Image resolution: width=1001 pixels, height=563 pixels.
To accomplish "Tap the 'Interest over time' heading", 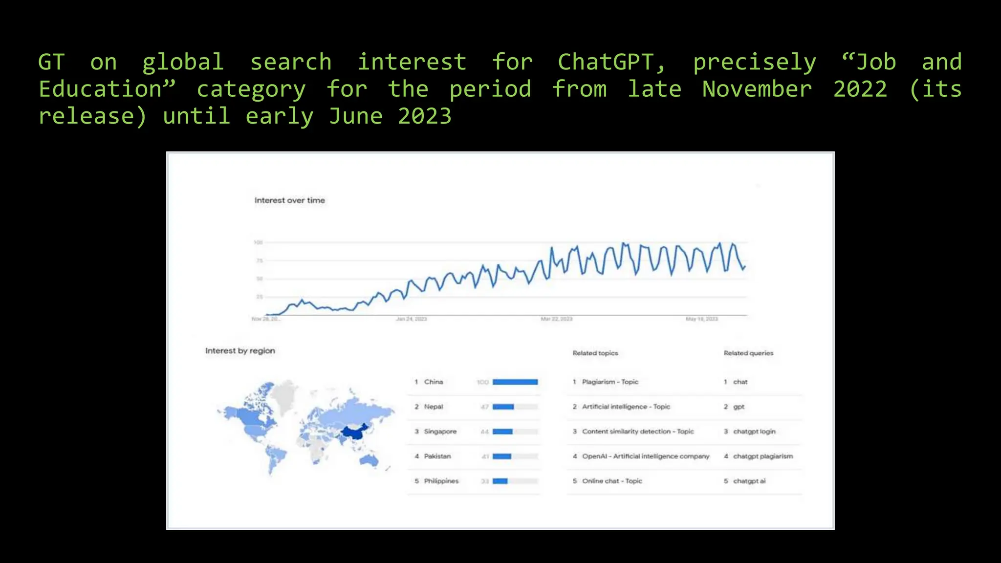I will (289, 200).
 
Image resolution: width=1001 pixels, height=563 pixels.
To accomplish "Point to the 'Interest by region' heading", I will (240, 351).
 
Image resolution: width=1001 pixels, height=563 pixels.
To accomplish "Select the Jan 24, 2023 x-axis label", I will (411, 319).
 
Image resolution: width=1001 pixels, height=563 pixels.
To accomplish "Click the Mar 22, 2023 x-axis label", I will (556, 319).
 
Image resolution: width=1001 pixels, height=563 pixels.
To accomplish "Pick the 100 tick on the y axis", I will (259, 242).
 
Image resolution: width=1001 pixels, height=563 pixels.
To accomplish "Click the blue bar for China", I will (515, 382).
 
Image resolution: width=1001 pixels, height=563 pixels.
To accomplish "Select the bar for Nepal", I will (503, 407).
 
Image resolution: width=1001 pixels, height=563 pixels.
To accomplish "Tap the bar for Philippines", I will (500, 481).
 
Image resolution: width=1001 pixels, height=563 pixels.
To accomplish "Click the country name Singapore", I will (440, 432).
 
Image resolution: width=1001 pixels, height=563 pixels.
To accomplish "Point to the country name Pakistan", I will (437, 456).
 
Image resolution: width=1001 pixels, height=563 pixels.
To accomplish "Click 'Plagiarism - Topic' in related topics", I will (610, 382).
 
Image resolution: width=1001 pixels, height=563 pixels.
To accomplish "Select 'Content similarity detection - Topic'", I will (637, 432).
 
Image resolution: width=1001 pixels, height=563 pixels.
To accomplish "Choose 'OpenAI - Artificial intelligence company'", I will (645, 456).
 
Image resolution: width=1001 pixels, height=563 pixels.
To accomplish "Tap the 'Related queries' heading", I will (748, 353).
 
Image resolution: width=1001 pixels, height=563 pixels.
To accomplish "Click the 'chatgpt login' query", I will (754, 432).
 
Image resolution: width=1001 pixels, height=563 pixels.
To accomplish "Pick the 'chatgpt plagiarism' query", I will (762, 456).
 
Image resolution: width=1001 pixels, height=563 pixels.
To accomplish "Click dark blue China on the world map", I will (354, 432).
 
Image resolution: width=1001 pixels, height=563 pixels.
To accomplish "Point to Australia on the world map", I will (369, 460).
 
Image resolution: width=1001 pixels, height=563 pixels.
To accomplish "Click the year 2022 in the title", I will (860, 90).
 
